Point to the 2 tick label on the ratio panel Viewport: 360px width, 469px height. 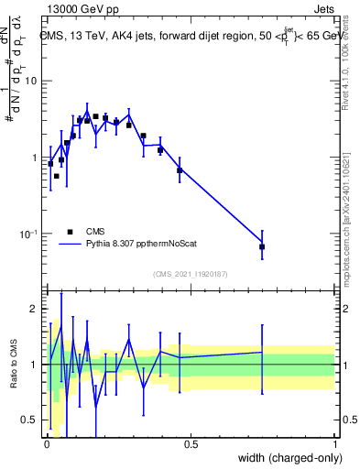coord(35,310)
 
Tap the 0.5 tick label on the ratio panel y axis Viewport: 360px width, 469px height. coord(31,420)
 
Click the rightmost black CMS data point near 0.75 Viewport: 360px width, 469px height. coord(262,246)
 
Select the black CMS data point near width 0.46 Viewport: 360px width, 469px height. coord(180,170)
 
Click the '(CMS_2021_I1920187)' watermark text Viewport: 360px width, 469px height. coord(190,274)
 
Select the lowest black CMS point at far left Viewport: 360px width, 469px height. coord(57,176)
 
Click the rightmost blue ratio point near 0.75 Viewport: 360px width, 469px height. coord(262,352)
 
